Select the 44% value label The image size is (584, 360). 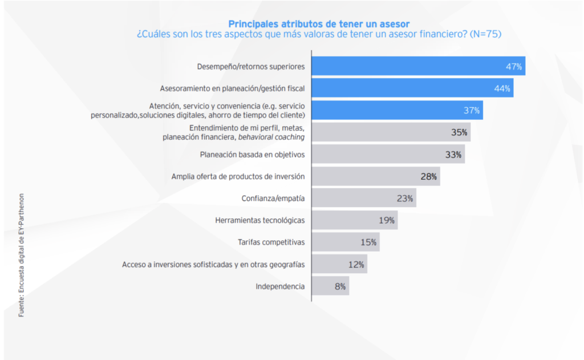coord(502,88)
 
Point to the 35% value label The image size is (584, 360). coord(459,132)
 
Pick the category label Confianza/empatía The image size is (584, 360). coord(273,199)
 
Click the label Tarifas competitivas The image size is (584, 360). coord(271,242)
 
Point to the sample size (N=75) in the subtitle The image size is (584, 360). coord(485,34)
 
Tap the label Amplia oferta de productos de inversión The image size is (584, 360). coord(238,176)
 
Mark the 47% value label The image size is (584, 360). coord(514,67)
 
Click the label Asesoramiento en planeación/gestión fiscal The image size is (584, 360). coord(232,88)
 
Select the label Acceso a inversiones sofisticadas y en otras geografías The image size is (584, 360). coord(213,264)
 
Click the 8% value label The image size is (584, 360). coord(340,286)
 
